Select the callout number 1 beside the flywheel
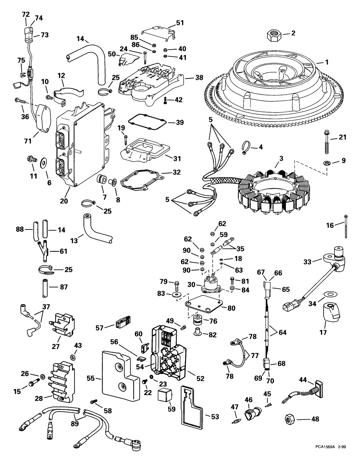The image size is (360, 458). click(327, 62)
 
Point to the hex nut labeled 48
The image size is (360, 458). click(290, 419)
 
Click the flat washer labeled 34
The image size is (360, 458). click(329, 294)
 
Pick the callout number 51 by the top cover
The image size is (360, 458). click(180, 23)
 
